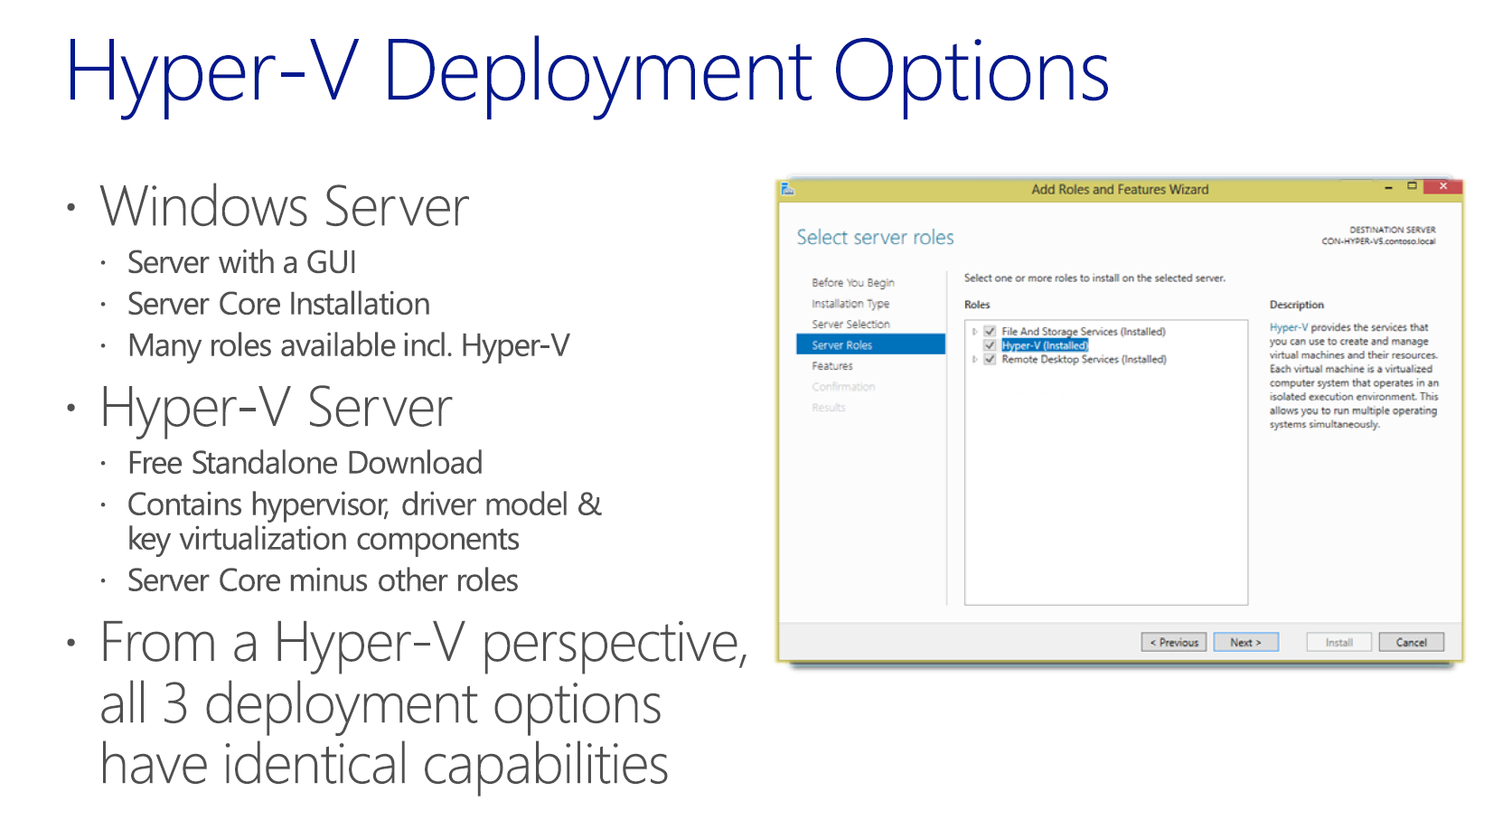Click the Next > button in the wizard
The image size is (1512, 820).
[1245, 643]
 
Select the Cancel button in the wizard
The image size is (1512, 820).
[1411, 643]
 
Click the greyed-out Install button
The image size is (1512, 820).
[1338, 643]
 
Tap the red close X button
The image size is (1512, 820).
[1442, 186]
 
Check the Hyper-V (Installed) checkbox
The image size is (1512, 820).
[990, 346]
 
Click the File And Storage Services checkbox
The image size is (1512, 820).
[990, 332]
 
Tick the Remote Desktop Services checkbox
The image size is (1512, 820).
[990, 359]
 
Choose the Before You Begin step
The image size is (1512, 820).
[852, 282]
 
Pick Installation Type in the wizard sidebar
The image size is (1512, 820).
[850, 303]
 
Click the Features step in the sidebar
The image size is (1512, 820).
[832, 365]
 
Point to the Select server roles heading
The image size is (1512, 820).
[875, 237]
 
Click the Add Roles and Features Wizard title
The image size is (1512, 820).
[1120, 190]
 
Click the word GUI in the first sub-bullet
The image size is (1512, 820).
[331, 262]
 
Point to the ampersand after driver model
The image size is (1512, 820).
[589, 504]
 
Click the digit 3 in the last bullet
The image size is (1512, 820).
[174, 704]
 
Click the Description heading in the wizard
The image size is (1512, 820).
[1296, 305]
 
